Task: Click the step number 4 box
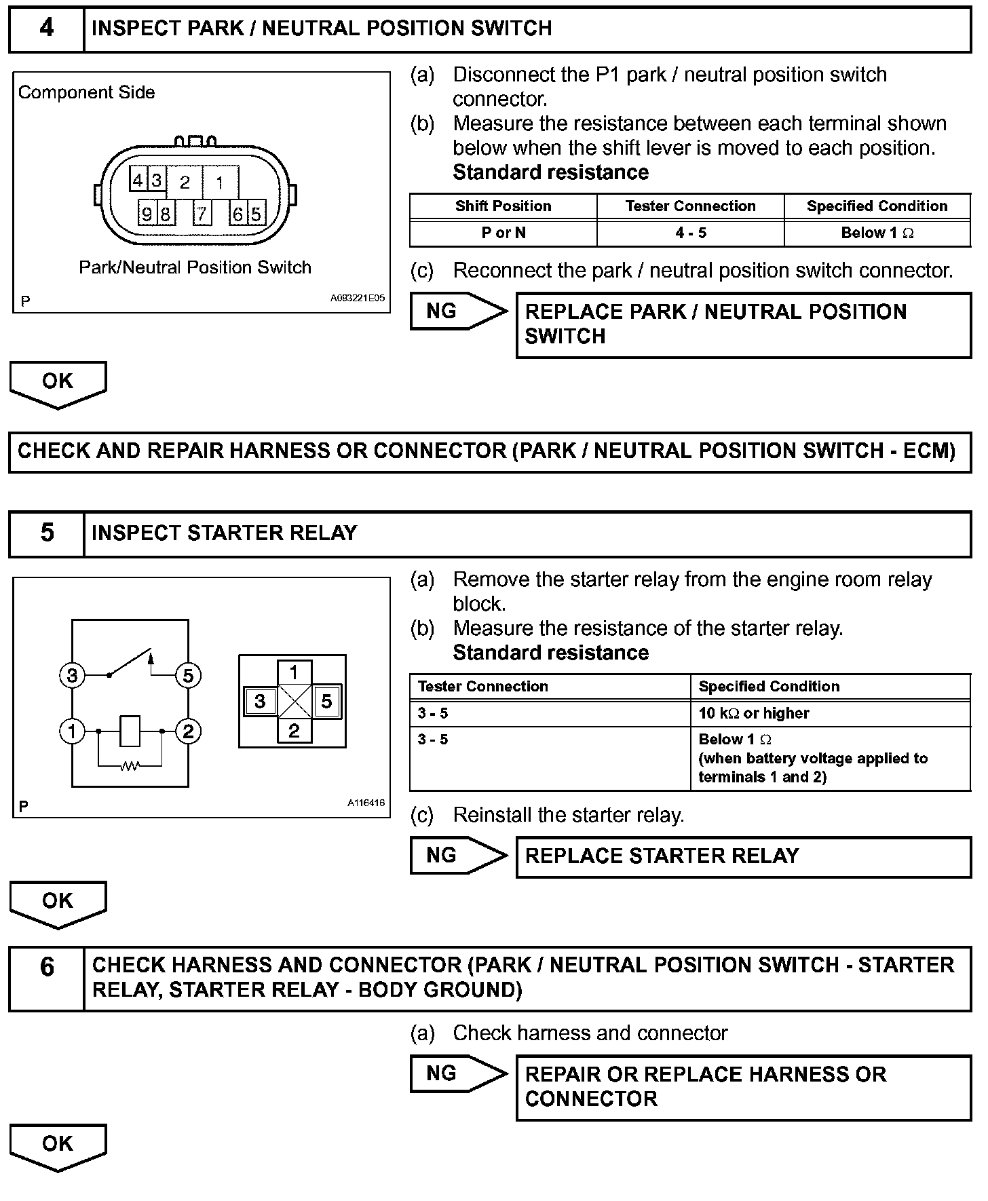coord(46,28)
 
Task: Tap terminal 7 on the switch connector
coord(202,214)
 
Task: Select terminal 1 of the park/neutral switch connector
coord(220,183)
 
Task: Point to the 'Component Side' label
coord(86,92)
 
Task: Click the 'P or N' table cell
coord(503,233)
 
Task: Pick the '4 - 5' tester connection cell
coord(690,233)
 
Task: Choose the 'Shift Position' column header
coord(503,206)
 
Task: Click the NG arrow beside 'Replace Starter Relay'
coord(458,856)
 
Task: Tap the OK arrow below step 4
coord(58,383)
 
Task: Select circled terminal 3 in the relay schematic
coord(72,675)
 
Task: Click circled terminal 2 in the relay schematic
coord(188,731)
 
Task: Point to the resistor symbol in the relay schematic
coord(130,766)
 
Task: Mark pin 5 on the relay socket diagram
coord(326,701)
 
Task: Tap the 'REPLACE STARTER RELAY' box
coord(743,856)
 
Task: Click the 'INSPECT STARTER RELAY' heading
coord(224,533)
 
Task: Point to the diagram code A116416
coord(366,803)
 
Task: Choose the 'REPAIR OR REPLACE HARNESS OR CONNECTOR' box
coord(743,1087)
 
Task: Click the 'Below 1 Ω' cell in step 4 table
coord(877,233)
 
